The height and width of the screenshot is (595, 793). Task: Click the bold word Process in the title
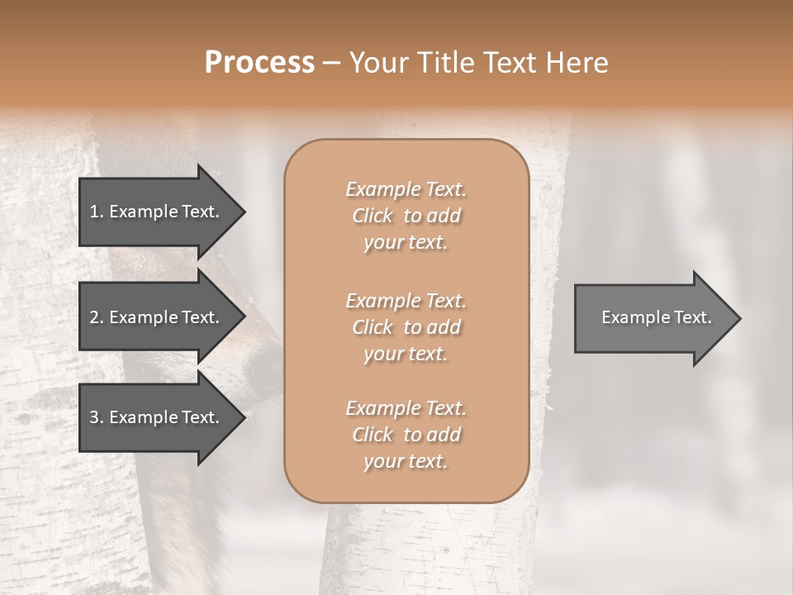click(x=259, y=63)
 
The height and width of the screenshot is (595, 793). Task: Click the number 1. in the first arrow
click(x=96, y=212)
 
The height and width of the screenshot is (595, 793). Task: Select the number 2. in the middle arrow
click(x=96, y=317)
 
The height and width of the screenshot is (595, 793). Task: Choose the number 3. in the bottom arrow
click(x=96, y=417)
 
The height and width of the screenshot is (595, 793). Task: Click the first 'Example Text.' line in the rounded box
click(x=406, y=189)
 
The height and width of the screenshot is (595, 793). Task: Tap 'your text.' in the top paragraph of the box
click(x=406, y=243)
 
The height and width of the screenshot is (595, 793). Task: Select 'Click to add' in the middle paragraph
click(x=406, y=327)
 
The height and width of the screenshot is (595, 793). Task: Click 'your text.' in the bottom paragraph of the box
click(x=406, y=462)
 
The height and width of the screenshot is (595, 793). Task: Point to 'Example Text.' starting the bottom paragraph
click(x=406, y=408)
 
